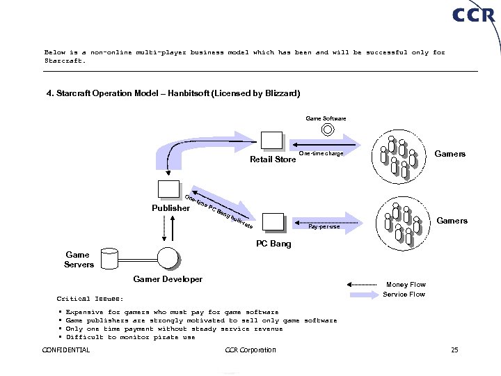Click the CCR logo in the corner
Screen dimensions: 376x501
pos(473,15)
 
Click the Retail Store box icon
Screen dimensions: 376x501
pos(271,141)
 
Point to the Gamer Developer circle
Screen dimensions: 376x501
pos(168,258)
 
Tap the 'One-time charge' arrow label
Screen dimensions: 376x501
pos(321,153)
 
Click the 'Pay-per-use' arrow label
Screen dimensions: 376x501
pos(324,227)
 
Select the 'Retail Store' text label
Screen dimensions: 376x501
pos(273,159)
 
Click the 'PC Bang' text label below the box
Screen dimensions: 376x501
pos(273,244)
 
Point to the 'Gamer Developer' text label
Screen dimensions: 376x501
pos(168,279)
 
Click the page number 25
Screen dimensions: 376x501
pos(454,350)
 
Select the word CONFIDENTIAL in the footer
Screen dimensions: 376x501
pos(66,350)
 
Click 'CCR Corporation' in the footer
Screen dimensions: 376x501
pos(251,350)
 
